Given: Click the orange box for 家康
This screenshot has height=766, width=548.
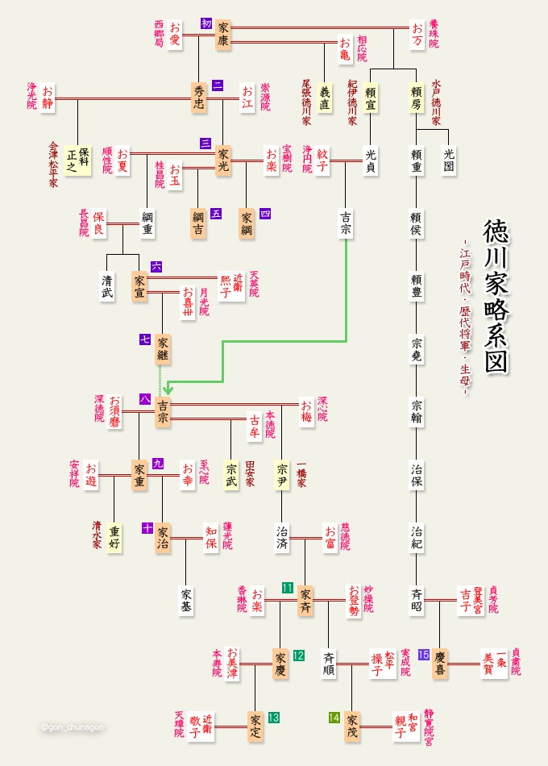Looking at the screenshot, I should (x=223, y=36).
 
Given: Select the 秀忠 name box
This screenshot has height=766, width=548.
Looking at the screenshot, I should (x=199, y=99).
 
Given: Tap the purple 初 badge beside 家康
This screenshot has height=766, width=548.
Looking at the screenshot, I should (x=205, y=23).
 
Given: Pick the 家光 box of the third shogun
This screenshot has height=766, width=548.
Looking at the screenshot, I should (x=223, y=160).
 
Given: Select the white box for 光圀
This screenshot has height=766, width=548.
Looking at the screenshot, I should (x=449, y=160).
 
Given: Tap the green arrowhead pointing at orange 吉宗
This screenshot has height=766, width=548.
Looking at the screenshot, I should (x=168, y=389).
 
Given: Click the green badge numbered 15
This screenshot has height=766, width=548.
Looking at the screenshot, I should (x=424, y=631).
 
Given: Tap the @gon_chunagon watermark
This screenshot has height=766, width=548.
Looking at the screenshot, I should (x=73, y=726).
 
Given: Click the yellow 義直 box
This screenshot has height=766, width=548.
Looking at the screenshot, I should (x=326, y=99).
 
